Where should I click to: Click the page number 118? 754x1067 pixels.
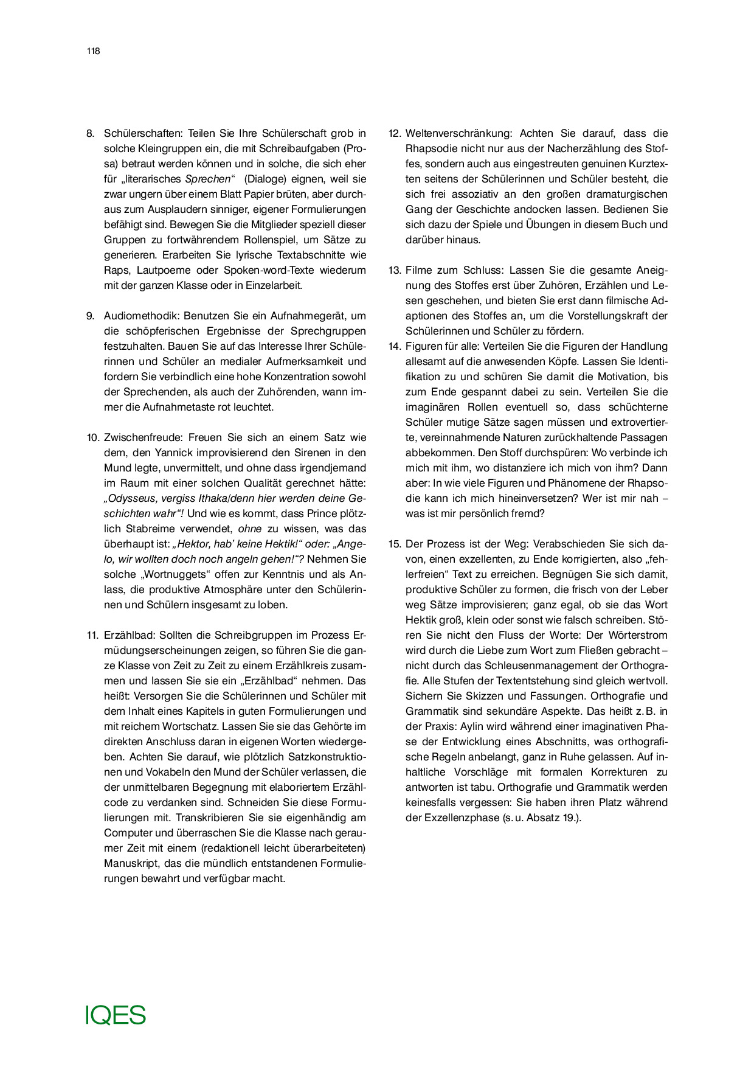click(x=93, y=51)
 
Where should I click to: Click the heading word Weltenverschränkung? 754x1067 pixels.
click(x=459, y=133)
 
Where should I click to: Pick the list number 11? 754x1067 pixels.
click(x=92, y=635)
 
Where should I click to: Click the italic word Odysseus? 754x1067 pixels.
click(x=130, y=498)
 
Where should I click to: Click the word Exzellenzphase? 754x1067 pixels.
click(x=452, y=818)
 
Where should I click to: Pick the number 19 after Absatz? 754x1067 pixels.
click(x=568, y=818)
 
